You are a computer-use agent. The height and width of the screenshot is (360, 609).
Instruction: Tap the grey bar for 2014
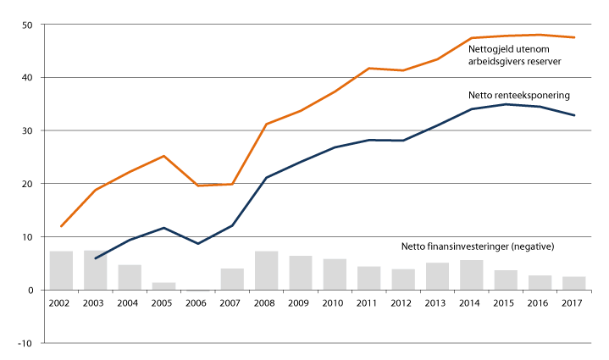pos(472,274)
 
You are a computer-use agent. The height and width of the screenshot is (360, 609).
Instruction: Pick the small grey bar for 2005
pos(163,286)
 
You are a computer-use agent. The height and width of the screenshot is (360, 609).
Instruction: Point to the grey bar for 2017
pos(574,283)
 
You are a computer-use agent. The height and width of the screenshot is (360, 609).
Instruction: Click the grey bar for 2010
pos(335,274)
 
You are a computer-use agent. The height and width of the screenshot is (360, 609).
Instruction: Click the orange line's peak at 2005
pos(163,156)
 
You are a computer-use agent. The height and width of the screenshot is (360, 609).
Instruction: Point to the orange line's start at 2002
pos(61,226)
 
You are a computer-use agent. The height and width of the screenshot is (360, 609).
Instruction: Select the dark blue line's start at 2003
pos(95,258)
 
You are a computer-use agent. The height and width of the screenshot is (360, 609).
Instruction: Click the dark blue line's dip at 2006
pos(198,244)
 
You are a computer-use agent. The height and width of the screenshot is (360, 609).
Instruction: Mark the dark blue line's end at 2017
pos(574,115)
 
